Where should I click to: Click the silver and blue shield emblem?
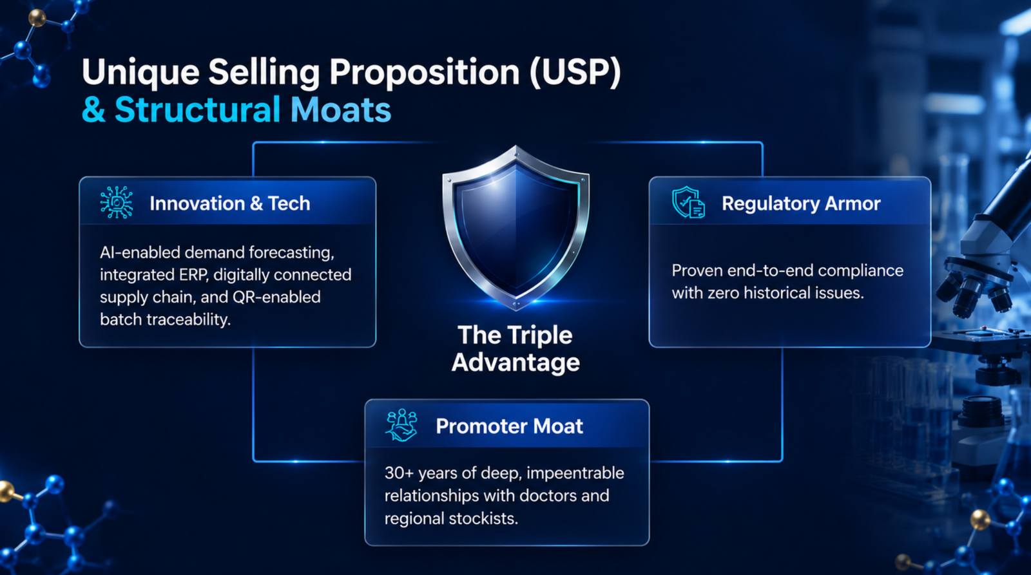(x=515, y=228)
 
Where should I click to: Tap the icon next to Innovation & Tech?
(x=117, y=202)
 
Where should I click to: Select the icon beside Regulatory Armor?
(x=688, y=202)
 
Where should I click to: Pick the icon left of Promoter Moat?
(x=401, y=426)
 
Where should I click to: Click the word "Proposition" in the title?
(x=425, y=73)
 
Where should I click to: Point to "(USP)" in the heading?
(x=575, y=72)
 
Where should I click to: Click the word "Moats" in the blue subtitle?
(x=341, y=109)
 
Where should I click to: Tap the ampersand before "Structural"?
(x=94, y=109)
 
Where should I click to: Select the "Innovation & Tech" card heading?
(x=229, y=203)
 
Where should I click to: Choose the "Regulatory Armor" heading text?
(x=801, y=203)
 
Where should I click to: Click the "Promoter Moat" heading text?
(x=509, y=426)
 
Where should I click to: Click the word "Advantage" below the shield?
(x=515, y=363)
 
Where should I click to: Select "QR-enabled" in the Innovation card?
(x=276, y=297)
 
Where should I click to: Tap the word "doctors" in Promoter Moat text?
(x=548, y=495)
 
